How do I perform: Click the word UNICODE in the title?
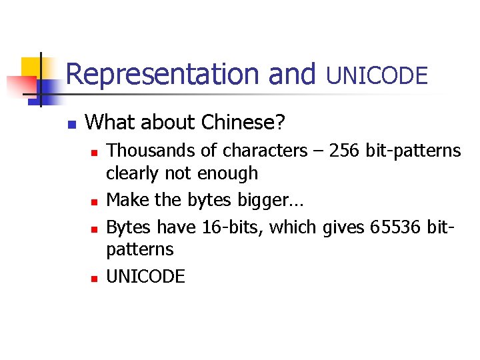click(377, 75)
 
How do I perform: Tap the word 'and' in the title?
click(291, 74)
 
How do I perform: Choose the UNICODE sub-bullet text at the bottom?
click(145, 277)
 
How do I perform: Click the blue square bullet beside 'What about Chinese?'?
click(73, 124)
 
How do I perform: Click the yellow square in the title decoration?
click(31, 69)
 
